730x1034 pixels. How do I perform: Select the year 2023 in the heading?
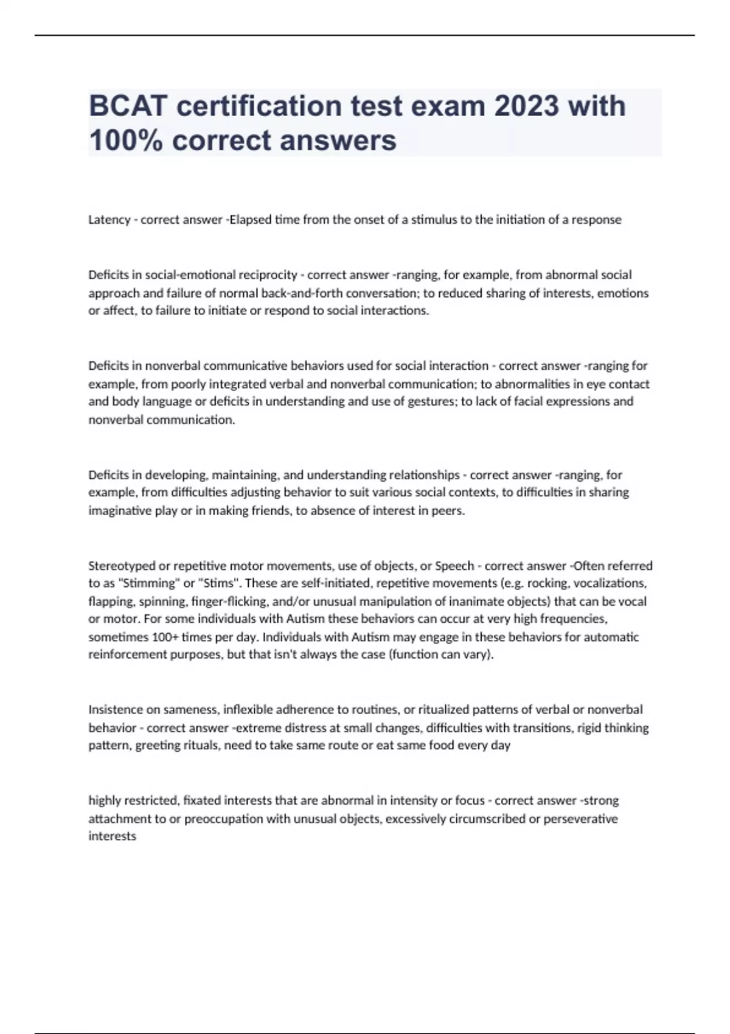tap(526, 106)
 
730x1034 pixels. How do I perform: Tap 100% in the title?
tap(125, 140)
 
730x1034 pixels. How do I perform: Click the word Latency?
tap(109, 220)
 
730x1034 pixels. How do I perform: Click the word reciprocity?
tap(268, 275)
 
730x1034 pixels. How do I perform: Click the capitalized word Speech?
tap(454, 566)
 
